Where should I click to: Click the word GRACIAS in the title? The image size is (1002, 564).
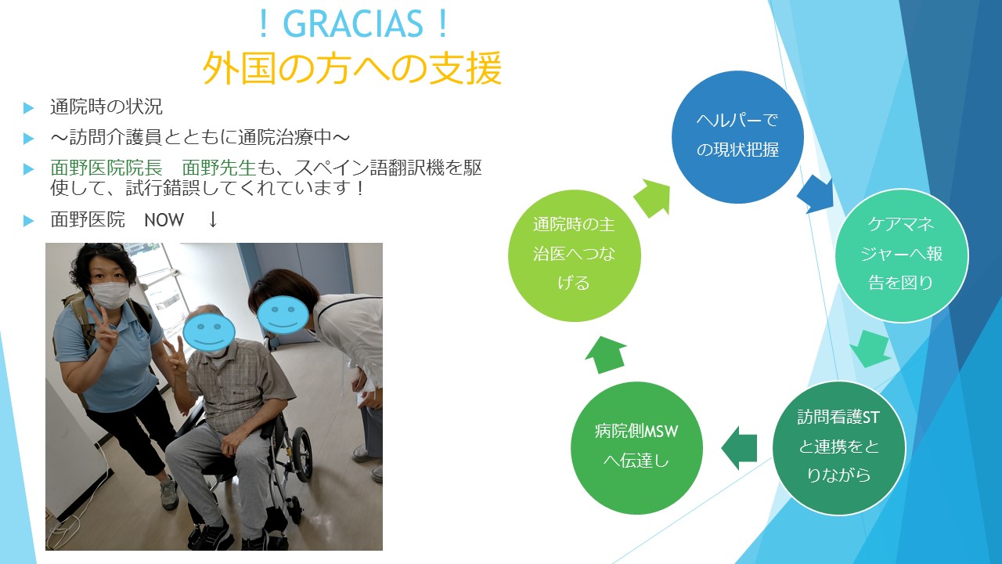coord(353,24)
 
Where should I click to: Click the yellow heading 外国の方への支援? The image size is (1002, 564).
coord(352,68)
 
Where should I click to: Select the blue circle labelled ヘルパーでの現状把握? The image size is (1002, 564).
coord(737,137)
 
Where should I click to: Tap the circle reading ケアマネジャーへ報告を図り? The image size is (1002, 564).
coord(901,255)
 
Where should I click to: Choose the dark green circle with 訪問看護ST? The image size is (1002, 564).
coord(838,448)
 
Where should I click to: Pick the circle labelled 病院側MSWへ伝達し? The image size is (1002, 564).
coord(636,448)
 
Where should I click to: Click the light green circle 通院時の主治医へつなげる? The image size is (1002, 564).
coord(575,255)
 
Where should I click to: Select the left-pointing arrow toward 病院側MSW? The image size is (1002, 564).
coord(739,447)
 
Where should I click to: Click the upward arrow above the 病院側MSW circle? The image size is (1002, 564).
coord(606,355)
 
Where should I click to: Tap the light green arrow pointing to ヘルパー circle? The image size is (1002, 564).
coord(652,198)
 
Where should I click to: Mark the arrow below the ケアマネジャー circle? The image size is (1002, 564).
coord(870,349)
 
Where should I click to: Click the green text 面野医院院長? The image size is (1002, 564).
coord(106,168)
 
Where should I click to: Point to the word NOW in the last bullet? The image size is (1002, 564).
coord(164,220)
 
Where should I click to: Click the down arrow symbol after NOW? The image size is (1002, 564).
coord(213,219)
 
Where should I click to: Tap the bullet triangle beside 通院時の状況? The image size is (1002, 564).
coord(29,108)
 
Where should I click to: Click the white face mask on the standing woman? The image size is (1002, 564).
coord(110,295)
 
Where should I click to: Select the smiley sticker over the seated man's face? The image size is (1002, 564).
coord(209,331)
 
